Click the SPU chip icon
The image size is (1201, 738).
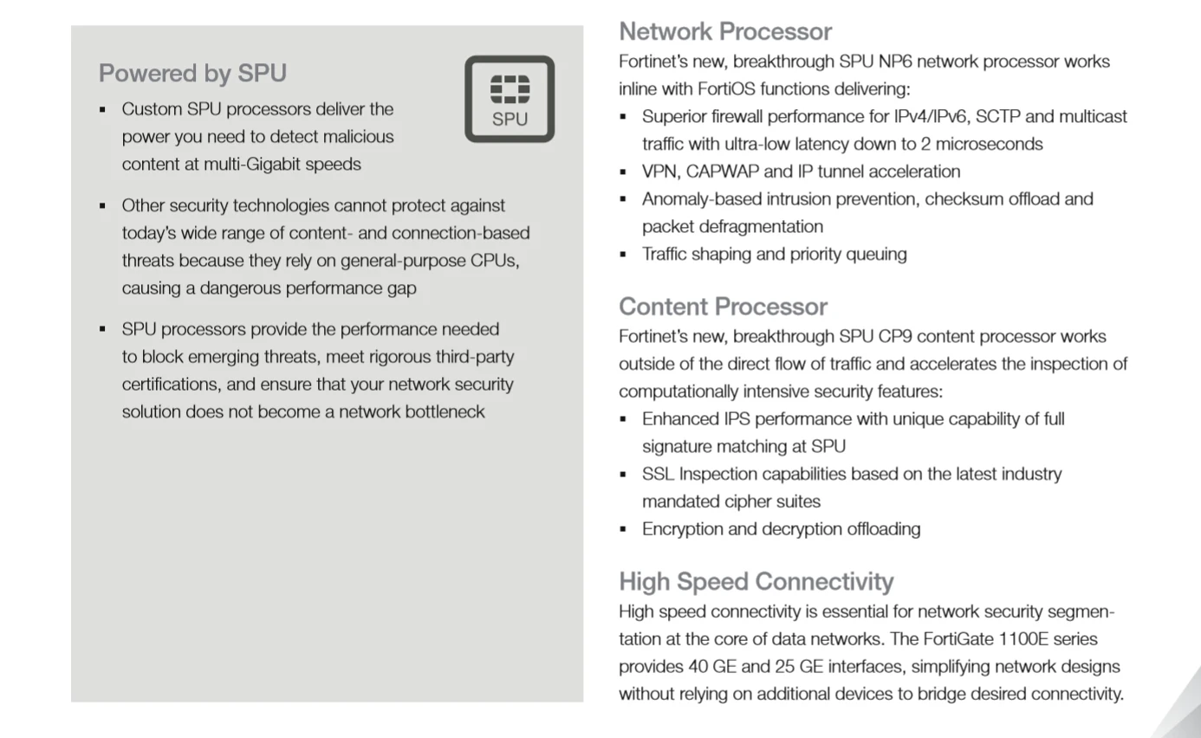click(510, 99)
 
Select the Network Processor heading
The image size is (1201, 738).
click(725, 31)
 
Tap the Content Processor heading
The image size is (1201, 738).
click(723, 307)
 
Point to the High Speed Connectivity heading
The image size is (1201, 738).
click(756, 581)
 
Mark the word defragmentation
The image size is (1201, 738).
click(765, 226)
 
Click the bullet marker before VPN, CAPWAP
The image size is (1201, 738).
click(623, 172)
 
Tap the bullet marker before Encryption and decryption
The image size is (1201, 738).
click(623, 529)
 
